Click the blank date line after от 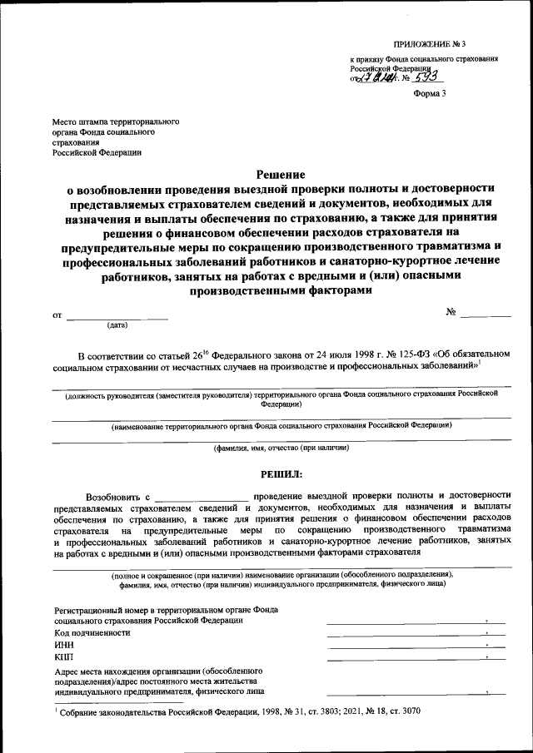click(x=117, y=315)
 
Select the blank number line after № click(x=486, y=315)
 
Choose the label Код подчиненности click(x=92, y=632)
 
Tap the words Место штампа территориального click(x=111, y=121)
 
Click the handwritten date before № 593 click(x=375, y=79)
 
